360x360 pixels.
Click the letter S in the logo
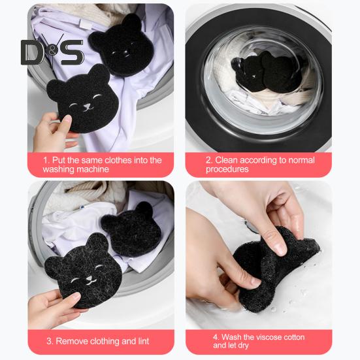72,52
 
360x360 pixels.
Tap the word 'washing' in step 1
58,169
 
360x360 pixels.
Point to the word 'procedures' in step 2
227,169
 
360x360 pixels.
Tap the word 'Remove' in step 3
72,341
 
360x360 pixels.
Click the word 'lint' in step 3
143,341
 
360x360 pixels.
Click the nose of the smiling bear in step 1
87,106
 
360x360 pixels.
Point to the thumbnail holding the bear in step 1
67,119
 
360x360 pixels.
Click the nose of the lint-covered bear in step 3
89,279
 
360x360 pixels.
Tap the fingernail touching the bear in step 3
76,296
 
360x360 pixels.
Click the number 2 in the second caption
208,160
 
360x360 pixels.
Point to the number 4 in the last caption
216,337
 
